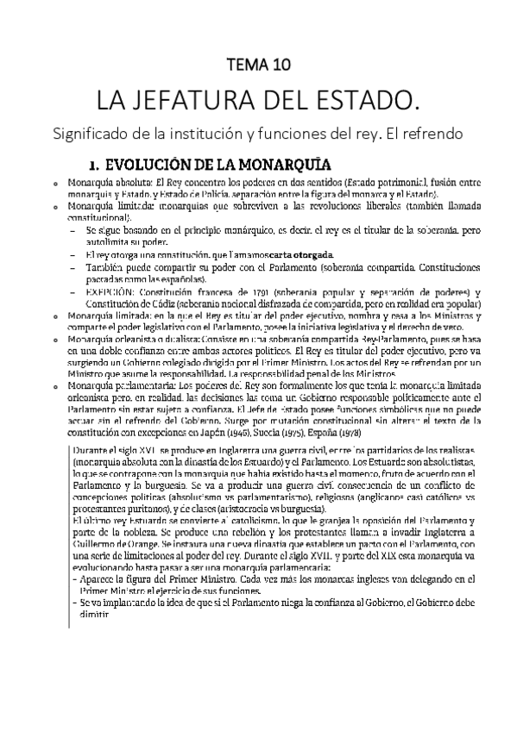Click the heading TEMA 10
click(258, 64)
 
